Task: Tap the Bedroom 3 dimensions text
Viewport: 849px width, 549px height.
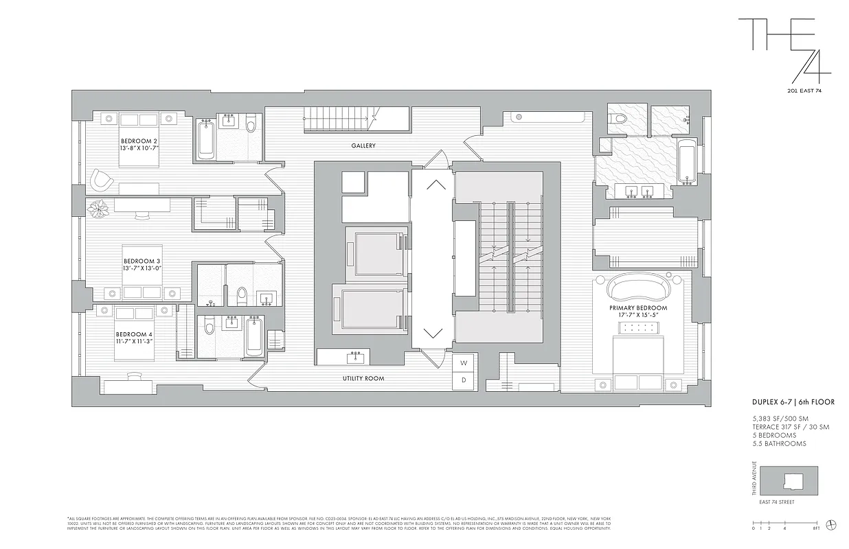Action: coord(142,268)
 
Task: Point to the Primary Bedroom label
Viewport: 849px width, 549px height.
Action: coord(637,308)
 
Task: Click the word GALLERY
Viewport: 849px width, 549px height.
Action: coord(363,146)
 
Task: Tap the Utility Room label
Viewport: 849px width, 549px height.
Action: coord(363,379)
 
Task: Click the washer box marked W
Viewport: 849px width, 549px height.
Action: coord(464,362)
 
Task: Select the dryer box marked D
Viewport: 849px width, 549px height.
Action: coord(464,379)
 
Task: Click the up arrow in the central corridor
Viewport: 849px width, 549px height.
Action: coord(434,184)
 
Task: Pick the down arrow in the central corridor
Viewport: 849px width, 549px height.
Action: coord(433,334)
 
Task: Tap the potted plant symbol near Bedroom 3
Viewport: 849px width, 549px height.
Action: coord(98,208)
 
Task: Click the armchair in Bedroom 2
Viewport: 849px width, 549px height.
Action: coord(102,180)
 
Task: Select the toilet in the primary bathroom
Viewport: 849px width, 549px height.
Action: coord(621,119)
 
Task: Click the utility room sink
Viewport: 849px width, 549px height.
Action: coord(356,358)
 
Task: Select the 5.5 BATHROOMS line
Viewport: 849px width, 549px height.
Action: coord(779,444)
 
